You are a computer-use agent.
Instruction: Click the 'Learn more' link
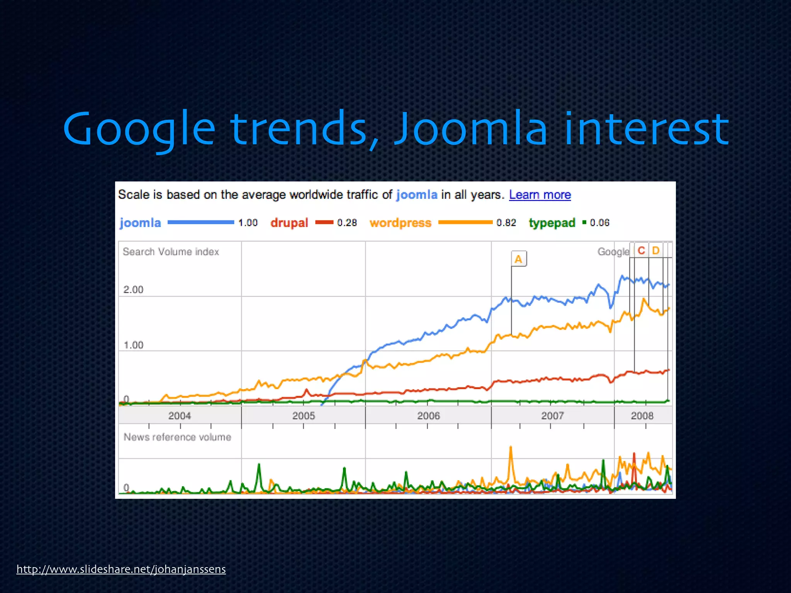pos(540,195)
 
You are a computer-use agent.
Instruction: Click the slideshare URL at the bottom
pos(121,569)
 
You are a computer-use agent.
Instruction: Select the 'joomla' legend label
pos(140,223)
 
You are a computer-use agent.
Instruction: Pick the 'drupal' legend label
pos(289,223)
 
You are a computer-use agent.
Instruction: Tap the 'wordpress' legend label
pos(401,223)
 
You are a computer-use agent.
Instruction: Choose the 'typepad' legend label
pos(552,223)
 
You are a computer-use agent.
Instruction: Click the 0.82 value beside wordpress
pos(506,223)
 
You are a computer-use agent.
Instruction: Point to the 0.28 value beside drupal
pos(347,223)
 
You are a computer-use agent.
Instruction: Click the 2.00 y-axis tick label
pos(133,290)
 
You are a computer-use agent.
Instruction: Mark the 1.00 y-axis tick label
pos(133,345)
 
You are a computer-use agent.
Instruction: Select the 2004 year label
pos(180,416)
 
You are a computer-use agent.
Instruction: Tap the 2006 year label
pos(428,416)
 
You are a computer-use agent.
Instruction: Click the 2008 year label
pos(642,416)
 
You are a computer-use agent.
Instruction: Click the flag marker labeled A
pos(518,259)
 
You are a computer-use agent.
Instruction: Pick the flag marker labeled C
pos(641,251)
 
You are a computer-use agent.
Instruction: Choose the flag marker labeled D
pos(655,251)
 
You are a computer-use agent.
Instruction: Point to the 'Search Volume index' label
pos(171,252)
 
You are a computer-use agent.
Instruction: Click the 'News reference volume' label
pos(177,437)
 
